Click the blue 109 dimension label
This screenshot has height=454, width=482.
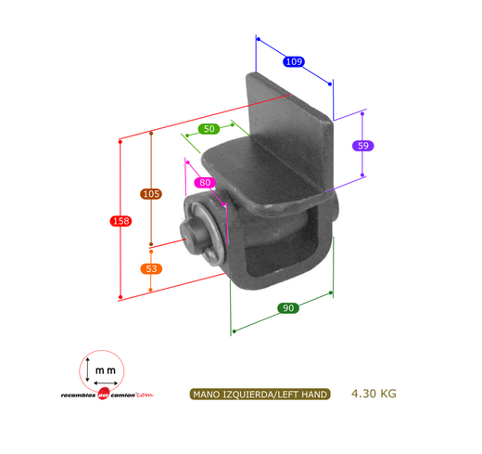[x=294, y=61]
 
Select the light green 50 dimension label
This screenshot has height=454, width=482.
[x=209, y=129]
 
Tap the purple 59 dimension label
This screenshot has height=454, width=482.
[x=363, y=146]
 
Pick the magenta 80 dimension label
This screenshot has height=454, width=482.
[x=205, y=183]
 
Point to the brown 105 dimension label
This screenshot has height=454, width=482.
[x=151, y=194]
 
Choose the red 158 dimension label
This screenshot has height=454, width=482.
[x=120, y=221]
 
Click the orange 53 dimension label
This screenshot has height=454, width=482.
[x=151, y=268]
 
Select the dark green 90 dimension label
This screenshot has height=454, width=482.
[x=288, y=308]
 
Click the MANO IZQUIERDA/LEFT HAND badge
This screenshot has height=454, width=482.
[x=260, y=395]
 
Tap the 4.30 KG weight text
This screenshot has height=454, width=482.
[x=374, y=394]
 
